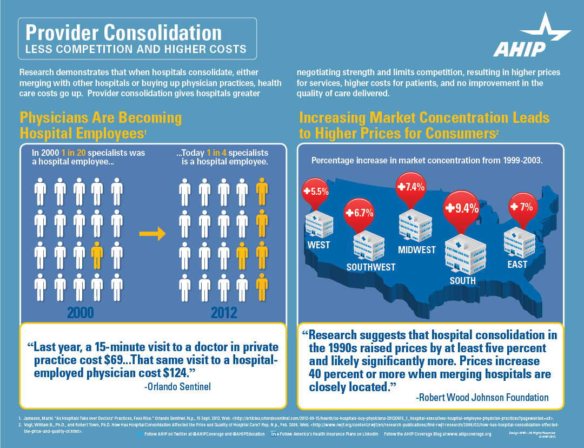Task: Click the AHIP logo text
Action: (x=519, y=49)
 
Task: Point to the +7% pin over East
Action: (x=521, y=207)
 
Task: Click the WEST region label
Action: (x=318, y=245)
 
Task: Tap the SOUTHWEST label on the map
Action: (x=371, y=267)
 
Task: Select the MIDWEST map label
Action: (x=416, y=250)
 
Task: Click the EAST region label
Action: (x=517, y=265)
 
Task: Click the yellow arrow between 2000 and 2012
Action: (x=152, y=234)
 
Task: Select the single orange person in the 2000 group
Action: (x=97, y=255)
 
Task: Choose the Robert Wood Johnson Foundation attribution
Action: (x=482, y=398)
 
